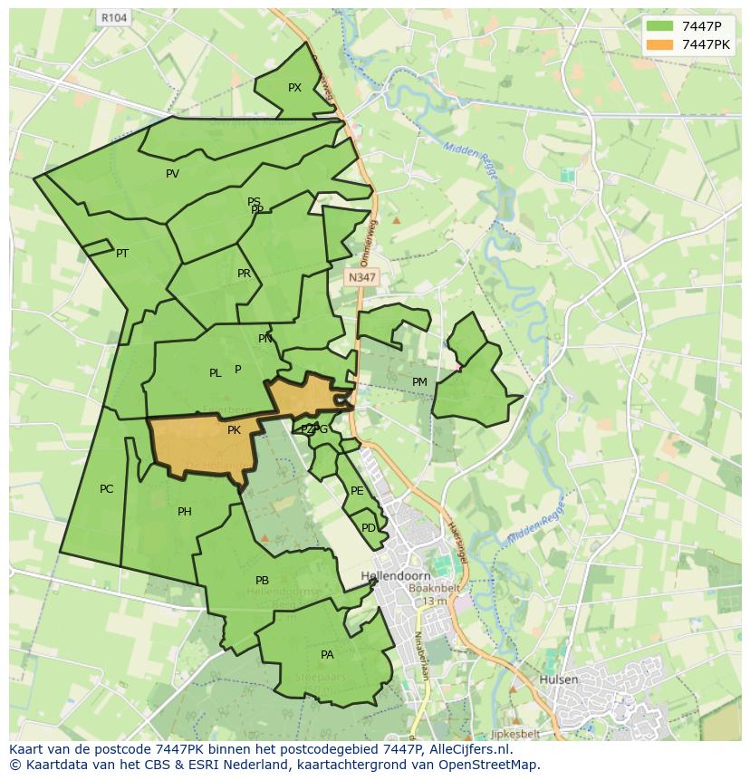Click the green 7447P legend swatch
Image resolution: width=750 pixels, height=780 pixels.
[x=660, y=26]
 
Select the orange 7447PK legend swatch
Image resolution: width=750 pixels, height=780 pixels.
[x=660, y=44]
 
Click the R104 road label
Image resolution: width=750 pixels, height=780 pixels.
[x=113, y=17]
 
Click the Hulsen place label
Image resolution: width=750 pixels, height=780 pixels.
[x=559, y=679]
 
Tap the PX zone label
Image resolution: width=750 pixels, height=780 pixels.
[x=294, y=88]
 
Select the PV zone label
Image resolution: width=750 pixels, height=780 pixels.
[x=172, y=174]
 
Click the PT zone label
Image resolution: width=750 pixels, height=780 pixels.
[x=122, y=254]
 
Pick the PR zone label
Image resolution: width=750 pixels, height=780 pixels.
[x=244, y=274]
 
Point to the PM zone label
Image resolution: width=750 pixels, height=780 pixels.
[x=419, y=382]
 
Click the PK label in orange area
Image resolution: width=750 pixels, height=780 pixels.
[x=234, y=430]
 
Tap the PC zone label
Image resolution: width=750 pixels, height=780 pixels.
[x=106, y=489]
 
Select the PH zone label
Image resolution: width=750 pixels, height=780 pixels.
[x=185, y=512]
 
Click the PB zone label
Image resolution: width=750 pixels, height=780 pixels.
[x=262, y=581]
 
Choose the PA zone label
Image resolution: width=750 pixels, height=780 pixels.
[x=327, y=655]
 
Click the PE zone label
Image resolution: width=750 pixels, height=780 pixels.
[x=357, y=491]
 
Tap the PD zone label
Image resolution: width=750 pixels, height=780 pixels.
[x=368, y=528]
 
